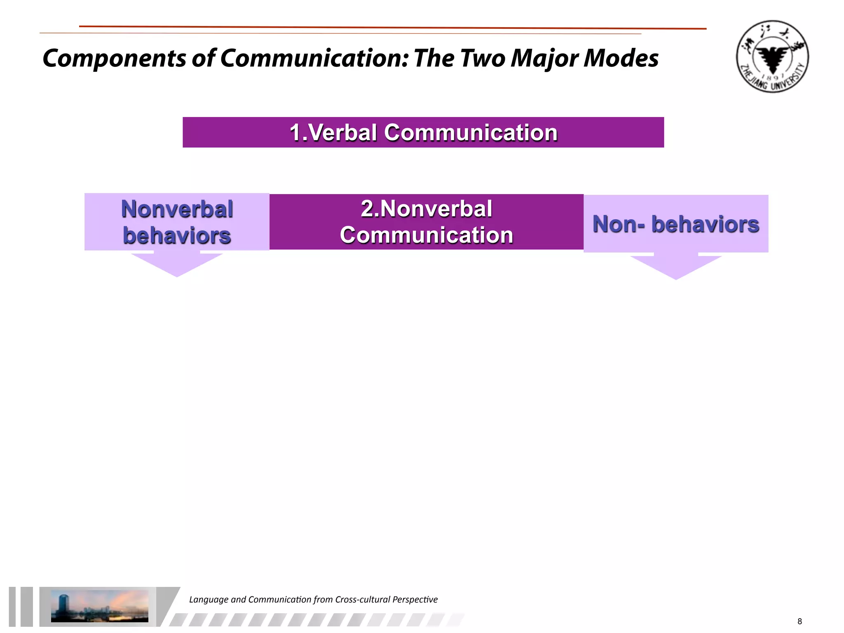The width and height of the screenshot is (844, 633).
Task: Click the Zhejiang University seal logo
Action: [x=772, y=56]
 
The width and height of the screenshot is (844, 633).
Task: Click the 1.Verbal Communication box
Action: [x=423, y=132]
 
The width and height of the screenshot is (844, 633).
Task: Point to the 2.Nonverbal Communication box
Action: [x=426, y=222]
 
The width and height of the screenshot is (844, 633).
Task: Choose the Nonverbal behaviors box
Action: [x=177, y=222]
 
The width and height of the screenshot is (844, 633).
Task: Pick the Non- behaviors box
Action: [x=676, y=224]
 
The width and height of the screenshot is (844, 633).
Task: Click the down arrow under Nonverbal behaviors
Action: [x=177, y=264]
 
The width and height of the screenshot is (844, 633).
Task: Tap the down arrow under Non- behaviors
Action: [x=676, y=267]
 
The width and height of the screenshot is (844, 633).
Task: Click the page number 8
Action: [x=799, y=621]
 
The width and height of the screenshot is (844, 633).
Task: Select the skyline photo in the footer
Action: [x=99, y=606]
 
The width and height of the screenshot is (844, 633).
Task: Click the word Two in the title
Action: [x=483, y=58]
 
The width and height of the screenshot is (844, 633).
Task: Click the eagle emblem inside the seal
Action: [x=773, y=58]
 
